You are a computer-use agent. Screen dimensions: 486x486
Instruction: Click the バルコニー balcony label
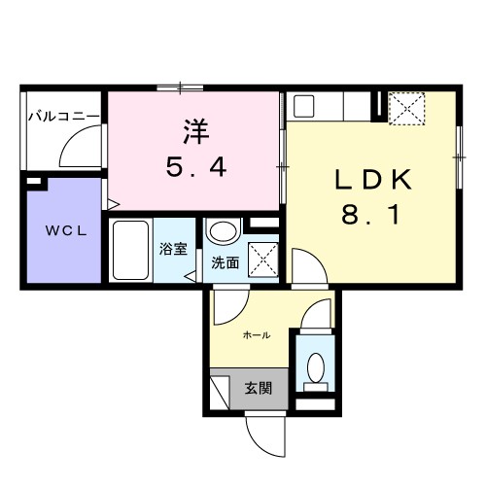click(x=63, y=117)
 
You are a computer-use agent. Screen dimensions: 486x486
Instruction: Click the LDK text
click(x=375, y=180)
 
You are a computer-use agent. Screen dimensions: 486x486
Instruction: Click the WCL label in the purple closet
click(x=62, y=231)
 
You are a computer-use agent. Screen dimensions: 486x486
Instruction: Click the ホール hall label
click(x=256, y=335)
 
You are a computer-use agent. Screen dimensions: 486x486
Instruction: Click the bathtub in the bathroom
click(x=129, y=250)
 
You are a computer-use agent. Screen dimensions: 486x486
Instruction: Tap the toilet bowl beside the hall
click(x=315, y=367)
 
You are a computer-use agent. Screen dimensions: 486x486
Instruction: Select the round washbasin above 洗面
click(x=223, y=233)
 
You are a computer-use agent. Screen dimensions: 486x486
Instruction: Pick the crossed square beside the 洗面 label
click(x=260, y=259)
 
